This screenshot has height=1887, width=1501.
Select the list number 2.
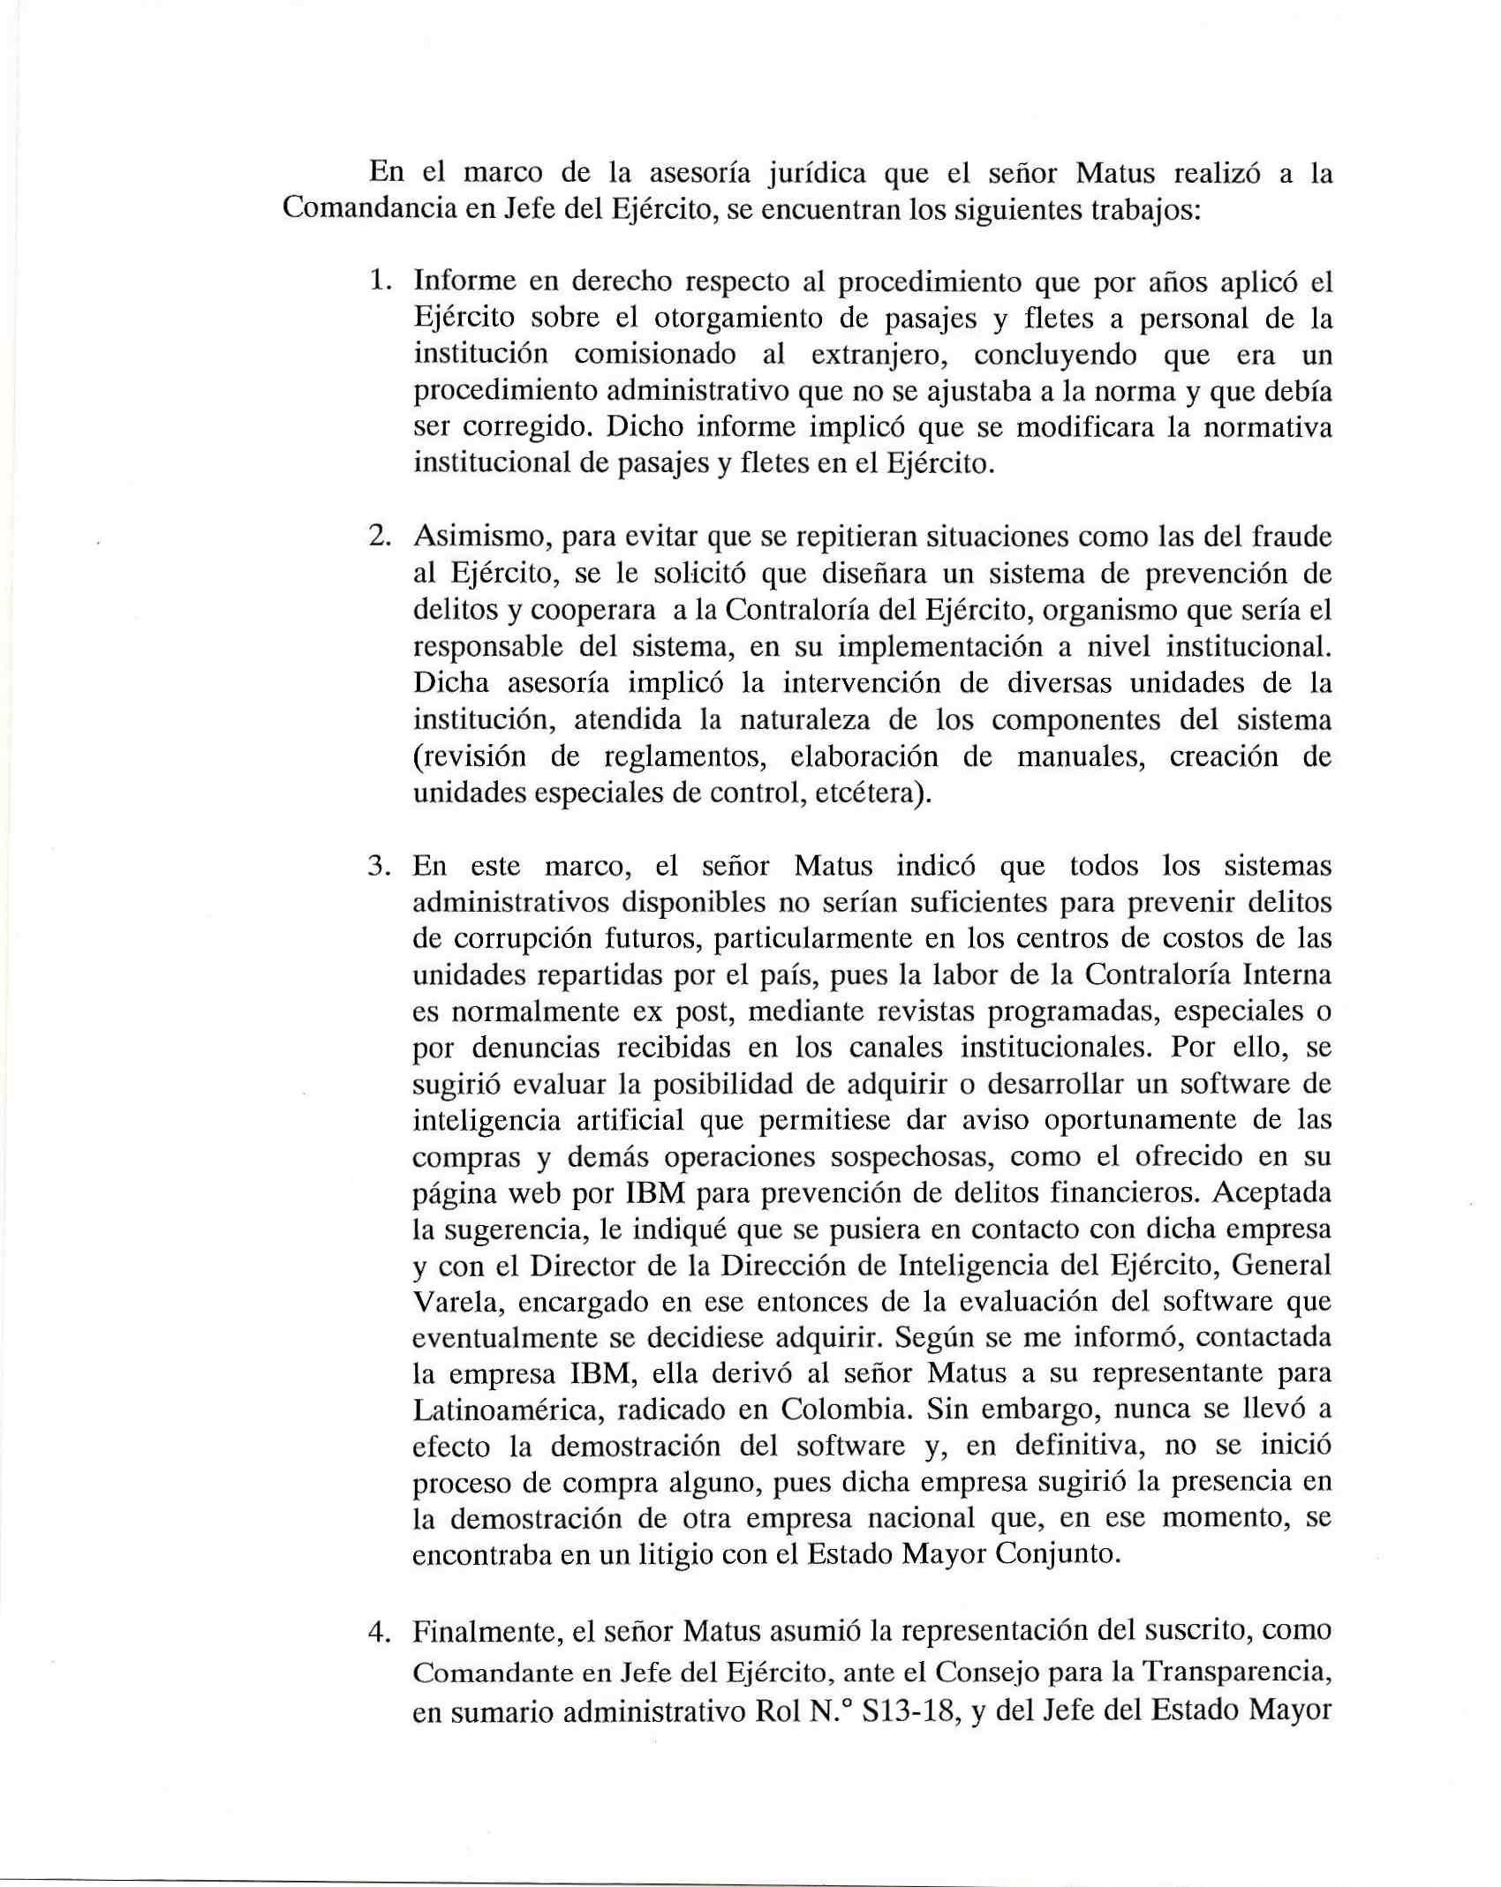381,537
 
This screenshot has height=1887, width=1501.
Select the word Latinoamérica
508,1410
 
